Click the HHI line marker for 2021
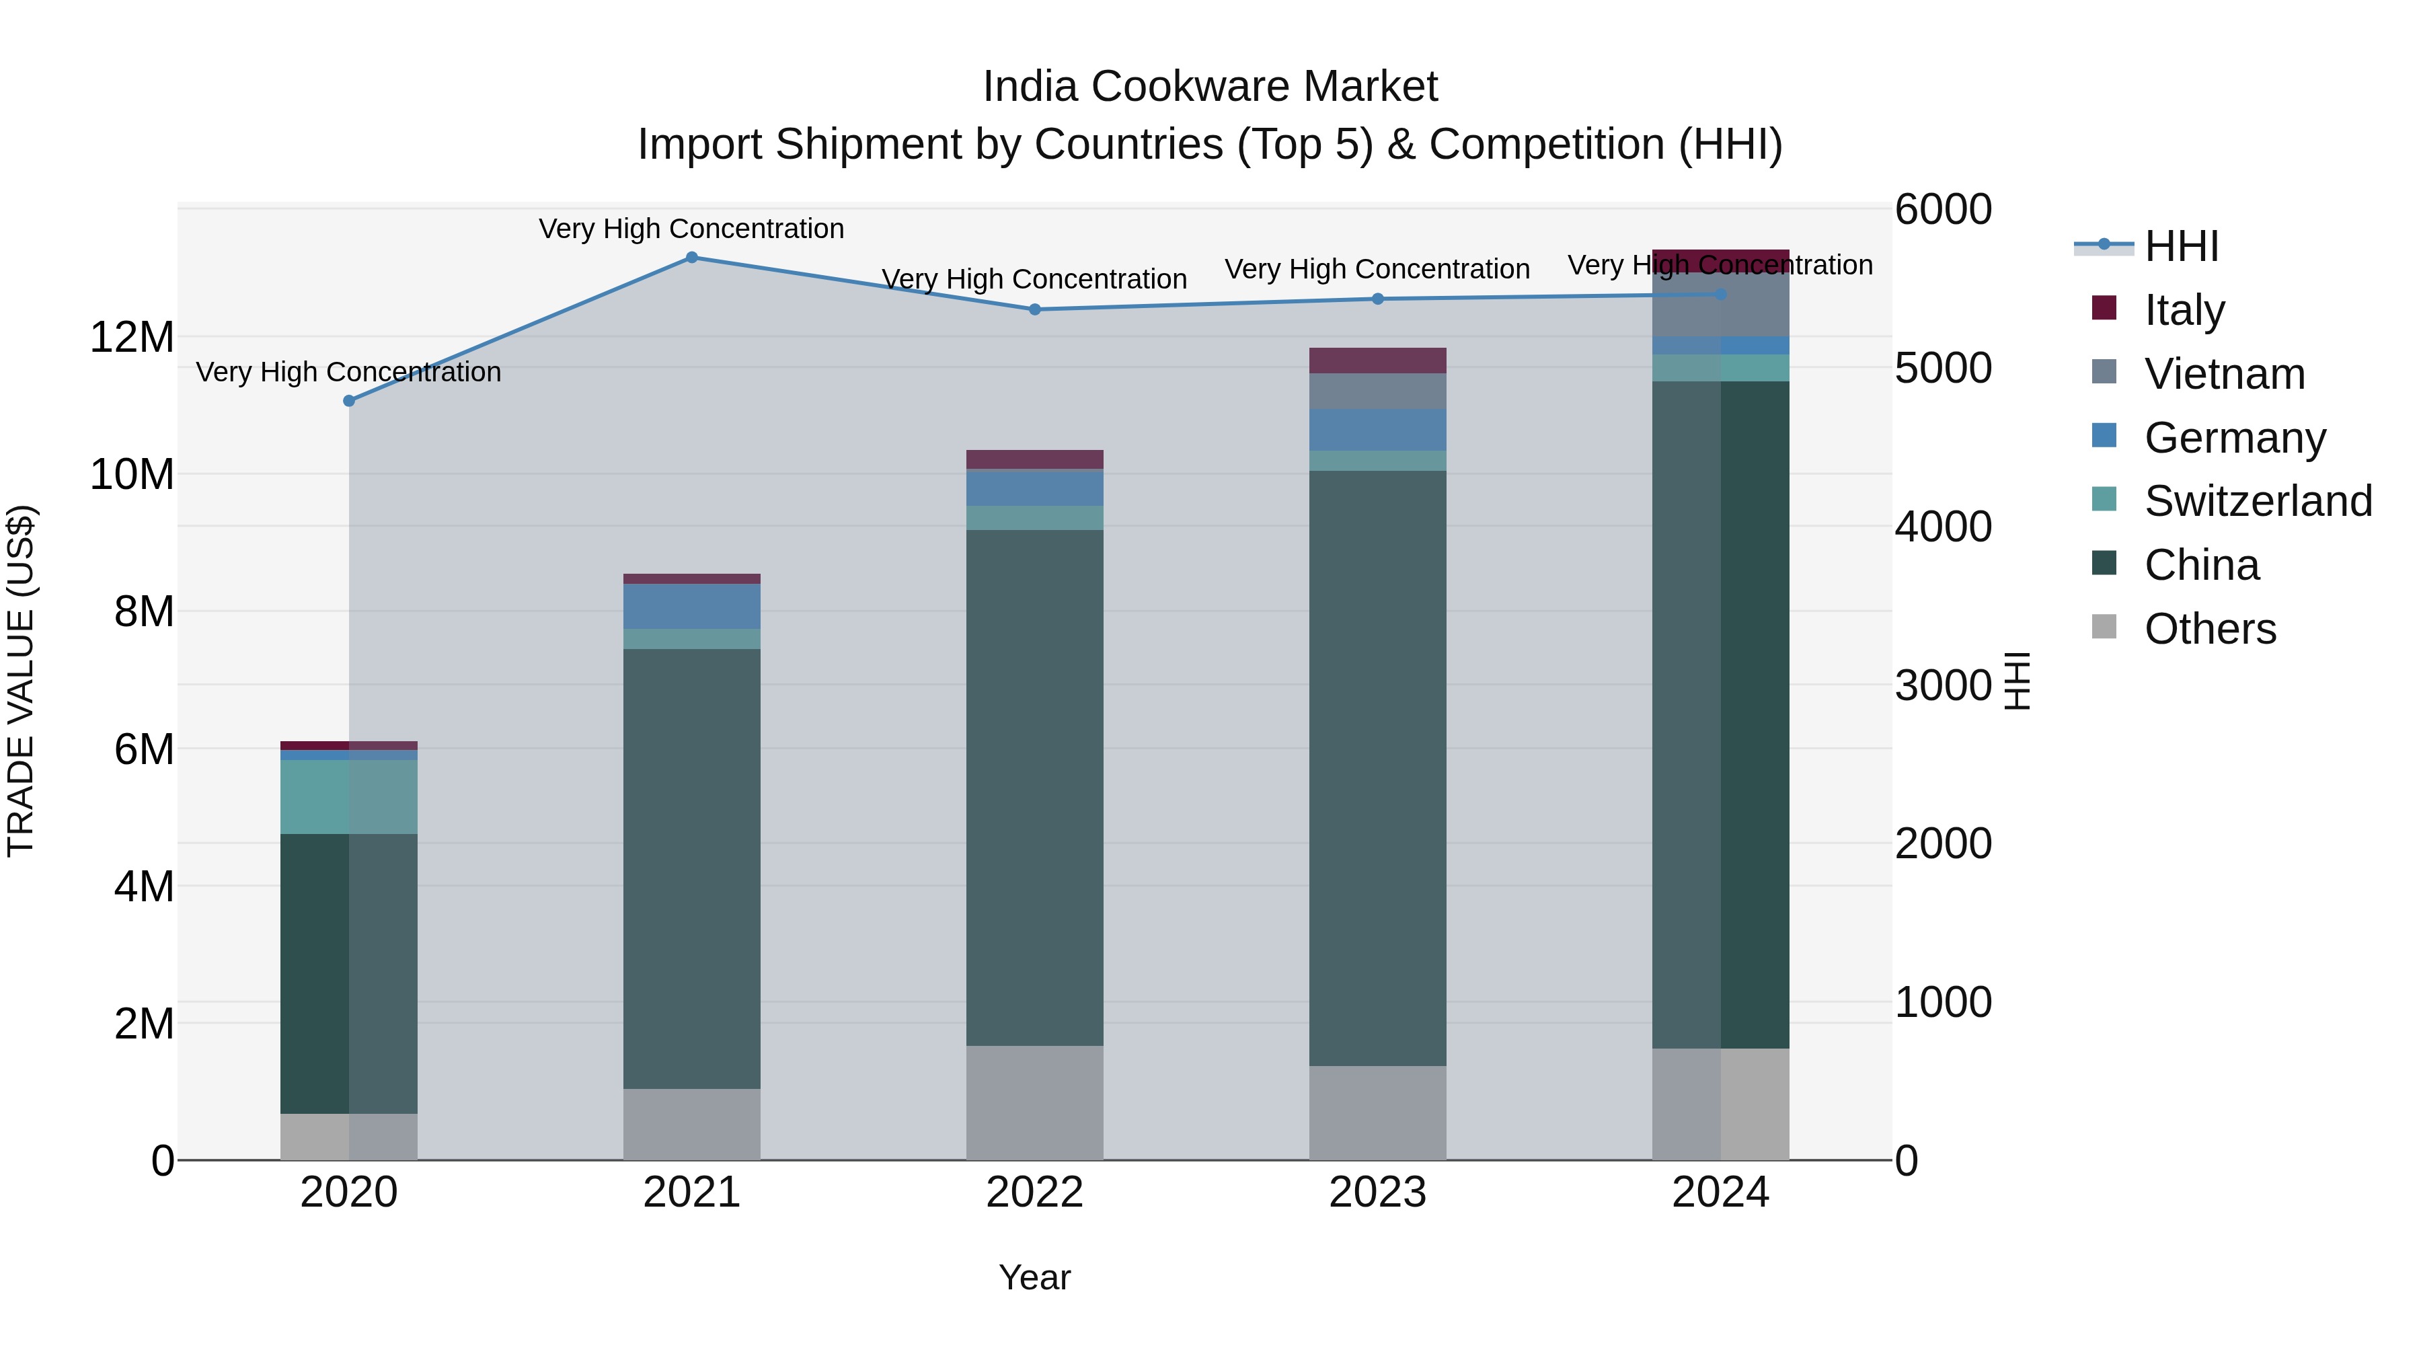[692, 258]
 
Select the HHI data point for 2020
[348, 400]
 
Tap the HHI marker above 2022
[1035, 309]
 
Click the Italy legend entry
[2184, 309]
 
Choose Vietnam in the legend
[2224, 373]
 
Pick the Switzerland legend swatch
[2104, 500]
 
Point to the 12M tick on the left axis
[132, 336]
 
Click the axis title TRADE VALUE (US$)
[21, 681]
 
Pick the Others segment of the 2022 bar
[1035, 1102]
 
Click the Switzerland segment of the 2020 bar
[348, 796]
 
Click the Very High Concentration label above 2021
[692, 229]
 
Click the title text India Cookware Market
[1210, 87]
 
